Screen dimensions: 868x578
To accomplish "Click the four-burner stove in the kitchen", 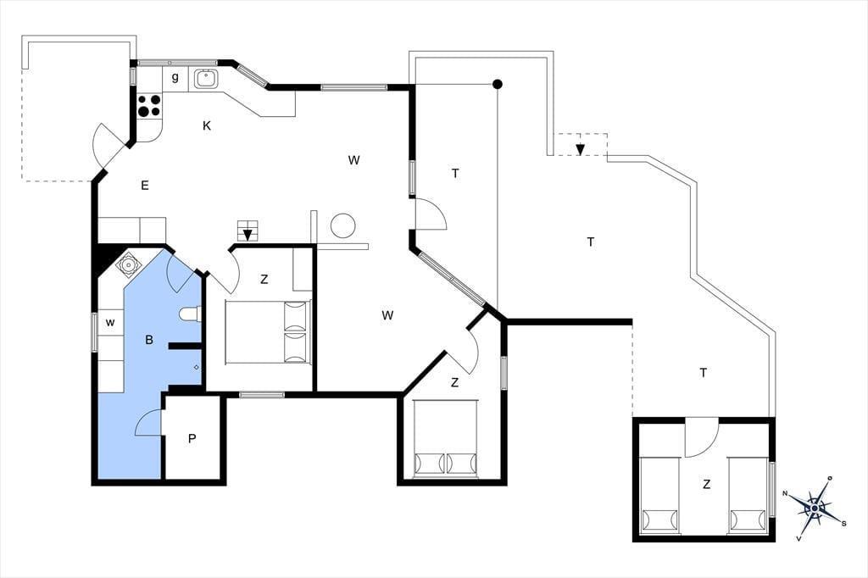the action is pyautogui.click(x=148, y=105).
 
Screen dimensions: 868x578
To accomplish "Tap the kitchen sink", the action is pyautogui.click(x=205, y=78).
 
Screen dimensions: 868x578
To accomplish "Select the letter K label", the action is pyautogui.click(x=207, y=125).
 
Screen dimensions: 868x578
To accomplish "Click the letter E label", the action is pyautogui.click(x=144, y=185).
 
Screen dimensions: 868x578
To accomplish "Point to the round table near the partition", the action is pyautogui.click(x=342, y=225).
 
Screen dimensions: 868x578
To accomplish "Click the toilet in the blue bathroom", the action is pyautogui.click(x=189, y=314).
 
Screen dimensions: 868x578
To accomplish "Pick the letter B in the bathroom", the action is pyautogui.click(x=149, y=340).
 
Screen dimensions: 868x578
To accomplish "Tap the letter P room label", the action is pyautogui.click(x=192, y=439).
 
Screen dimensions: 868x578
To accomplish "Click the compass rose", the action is pyautogui.click(x=815, y=507).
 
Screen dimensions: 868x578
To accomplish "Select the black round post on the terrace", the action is pyautogui.click(x=498, y=84).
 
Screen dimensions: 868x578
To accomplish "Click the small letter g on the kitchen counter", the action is pyautogui.click(x=175, y=77).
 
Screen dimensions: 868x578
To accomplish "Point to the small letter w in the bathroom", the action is pyautogui.click(x=110, y=322).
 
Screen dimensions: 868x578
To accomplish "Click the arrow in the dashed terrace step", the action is pyautogui.click(x=580, y=149).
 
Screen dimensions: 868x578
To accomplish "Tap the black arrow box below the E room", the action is pyautogui.click(x=248, y=231).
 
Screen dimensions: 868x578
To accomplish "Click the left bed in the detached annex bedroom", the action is pyautogui.click(x=659, y=496).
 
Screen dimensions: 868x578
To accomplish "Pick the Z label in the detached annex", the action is pyautogui.click(x=706, y=485).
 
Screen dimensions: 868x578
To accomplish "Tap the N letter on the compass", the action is pyautogui.click(x=785, y=492).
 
